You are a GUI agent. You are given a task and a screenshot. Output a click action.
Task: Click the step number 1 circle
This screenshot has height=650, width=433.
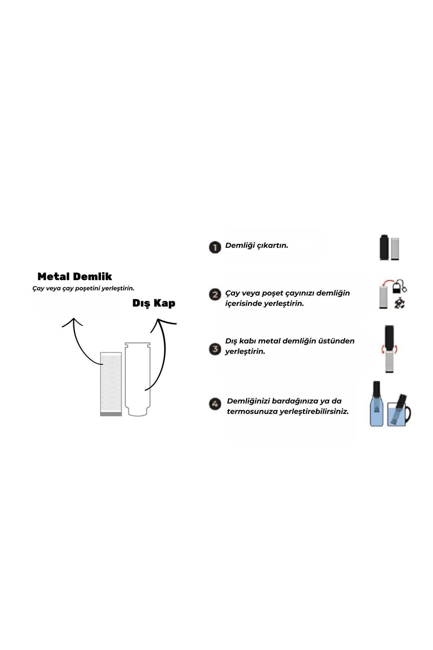point(215,248)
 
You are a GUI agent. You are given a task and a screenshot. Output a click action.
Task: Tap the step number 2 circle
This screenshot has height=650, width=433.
point(215,295)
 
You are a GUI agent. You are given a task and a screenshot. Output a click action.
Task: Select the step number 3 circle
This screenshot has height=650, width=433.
point(215,349)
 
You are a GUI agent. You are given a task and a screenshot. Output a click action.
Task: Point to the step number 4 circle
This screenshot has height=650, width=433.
point(215,404)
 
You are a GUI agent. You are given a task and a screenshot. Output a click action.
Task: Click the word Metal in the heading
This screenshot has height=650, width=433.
point(54,277)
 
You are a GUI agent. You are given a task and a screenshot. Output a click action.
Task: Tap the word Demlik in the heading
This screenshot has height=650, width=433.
point(92,277)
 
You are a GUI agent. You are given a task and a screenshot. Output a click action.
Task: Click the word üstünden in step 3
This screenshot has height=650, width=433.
point(338,341)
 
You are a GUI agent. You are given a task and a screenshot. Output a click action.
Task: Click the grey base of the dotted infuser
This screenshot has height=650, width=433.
point(111,414)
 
